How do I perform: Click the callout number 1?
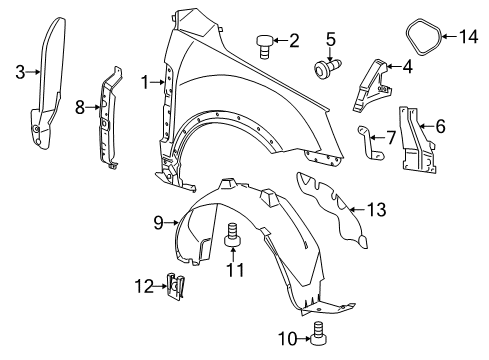(x=146, y=82)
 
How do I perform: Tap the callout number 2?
(x=294, y=41)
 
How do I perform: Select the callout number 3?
(x=20, y=70)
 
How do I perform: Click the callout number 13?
(x=375, y=210)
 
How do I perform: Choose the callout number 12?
(x=143, y=287)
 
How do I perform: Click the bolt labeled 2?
(x=266, y=44)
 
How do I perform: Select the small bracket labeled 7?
(x=375, y=146)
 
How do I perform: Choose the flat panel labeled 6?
(x=420, y=150)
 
